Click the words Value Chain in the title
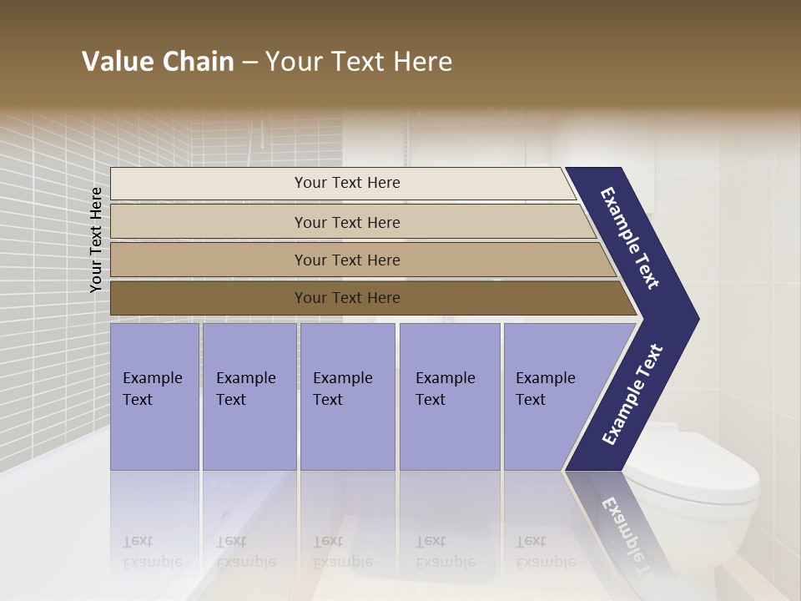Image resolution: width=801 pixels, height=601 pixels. pos(158,62)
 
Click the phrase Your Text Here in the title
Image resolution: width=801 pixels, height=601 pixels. pos(359,62)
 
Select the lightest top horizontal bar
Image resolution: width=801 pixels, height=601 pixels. pos(347,183)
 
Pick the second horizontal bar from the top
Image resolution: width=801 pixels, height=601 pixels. pos(347,222)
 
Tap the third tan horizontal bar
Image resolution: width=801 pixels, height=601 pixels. pos(347,260)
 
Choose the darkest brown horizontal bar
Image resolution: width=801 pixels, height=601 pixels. pos(347,298)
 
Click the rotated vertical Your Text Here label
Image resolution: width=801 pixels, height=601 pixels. pos(96,240)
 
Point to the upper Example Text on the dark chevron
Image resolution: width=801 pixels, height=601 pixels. pos(630,238)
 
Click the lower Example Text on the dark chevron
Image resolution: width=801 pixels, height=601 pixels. pos(632,394)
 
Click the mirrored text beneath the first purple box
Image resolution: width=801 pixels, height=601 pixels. pos(152,551)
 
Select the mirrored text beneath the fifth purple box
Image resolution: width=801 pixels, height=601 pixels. pos(545,551)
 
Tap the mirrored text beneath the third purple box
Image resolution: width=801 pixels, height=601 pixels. pos(342,551)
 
